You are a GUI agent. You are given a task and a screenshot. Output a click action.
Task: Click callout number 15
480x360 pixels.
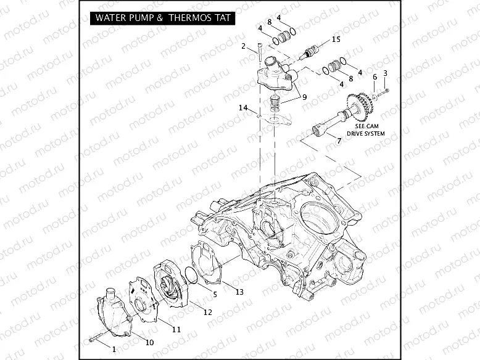coord(336,39)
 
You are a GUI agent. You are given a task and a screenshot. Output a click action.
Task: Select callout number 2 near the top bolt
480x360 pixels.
coord(244,46)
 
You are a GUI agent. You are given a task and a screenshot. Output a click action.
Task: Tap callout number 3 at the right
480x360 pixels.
coord(385,73)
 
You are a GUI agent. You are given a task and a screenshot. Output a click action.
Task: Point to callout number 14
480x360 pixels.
coord(244,108)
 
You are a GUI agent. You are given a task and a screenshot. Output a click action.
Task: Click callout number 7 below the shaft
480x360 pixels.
coord(338,141)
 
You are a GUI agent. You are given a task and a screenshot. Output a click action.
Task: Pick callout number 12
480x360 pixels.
coord(207,313)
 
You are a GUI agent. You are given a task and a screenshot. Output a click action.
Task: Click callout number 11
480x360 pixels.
coord(176,330)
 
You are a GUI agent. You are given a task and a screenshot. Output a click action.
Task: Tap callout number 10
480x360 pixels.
coord(149,342)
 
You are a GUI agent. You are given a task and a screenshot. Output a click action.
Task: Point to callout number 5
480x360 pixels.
coord(215,294)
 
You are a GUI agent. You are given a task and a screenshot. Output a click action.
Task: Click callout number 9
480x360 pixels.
coord(303,96)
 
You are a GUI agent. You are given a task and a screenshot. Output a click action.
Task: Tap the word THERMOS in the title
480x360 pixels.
coord(191,18)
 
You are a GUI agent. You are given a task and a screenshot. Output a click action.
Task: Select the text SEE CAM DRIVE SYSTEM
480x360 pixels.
coord(369,130)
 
